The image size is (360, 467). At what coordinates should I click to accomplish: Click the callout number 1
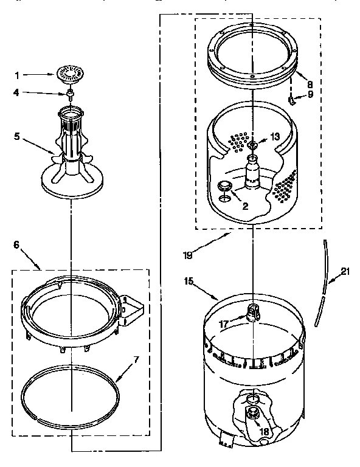click(16, 75)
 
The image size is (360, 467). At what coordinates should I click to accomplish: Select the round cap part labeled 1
click(70, 74)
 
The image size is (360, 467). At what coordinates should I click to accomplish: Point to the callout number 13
click(275, 137)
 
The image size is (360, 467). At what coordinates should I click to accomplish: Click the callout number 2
click(244, 206)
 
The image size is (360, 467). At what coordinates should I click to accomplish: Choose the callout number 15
click(190, 282)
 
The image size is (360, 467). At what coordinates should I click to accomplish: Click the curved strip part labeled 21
click(325, 280)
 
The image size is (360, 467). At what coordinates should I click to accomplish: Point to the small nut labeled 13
click(253, 145)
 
